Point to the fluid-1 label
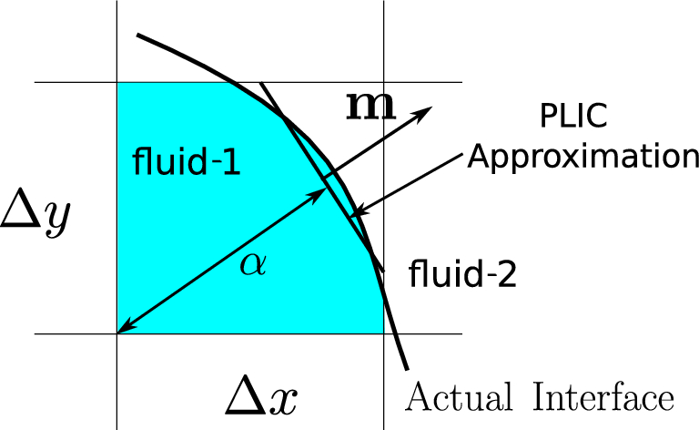click(187, 163)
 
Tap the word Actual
click(451, 397)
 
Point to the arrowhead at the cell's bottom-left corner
click(123, 330)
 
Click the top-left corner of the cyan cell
click(117, 83)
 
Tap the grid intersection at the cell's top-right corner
click(384, 83)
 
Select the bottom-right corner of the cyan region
click(383, 333)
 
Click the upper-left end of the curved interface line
click(137, 36)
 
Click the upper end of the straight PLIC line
click(261, 84)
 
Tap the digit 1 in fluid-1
click(232, 163)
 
